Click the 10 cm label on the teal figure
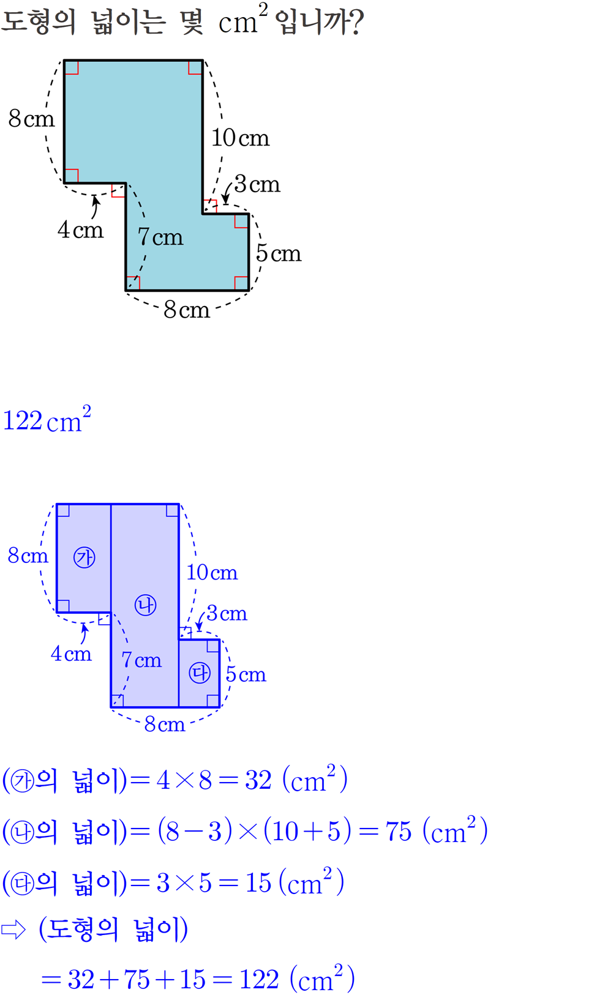coord(240,138)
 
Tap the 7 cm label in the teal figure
coord(160,237)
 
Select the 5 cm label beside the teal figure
coord(279,253)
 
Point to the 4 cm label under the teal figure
coord(80,230)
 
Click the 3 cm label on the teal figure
coord(257,184)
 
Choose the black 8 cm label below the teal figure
coord(187,310)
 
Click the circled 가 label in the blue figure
coord(84,557)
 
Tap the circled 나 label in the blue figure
coord(146,605)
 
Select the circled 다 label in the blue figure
coord(199,673)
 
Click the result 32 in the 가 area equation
coord(258,780)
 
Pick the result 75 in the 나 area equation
coord(399,832)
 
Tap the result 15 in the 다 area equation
coord(258,883)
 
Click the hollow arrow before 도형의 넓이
coord(13,930)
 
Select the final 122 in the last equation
coord(259,980)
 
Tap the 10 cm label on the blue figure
coord(212,573)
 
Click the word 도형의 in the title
coord(39,21)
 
